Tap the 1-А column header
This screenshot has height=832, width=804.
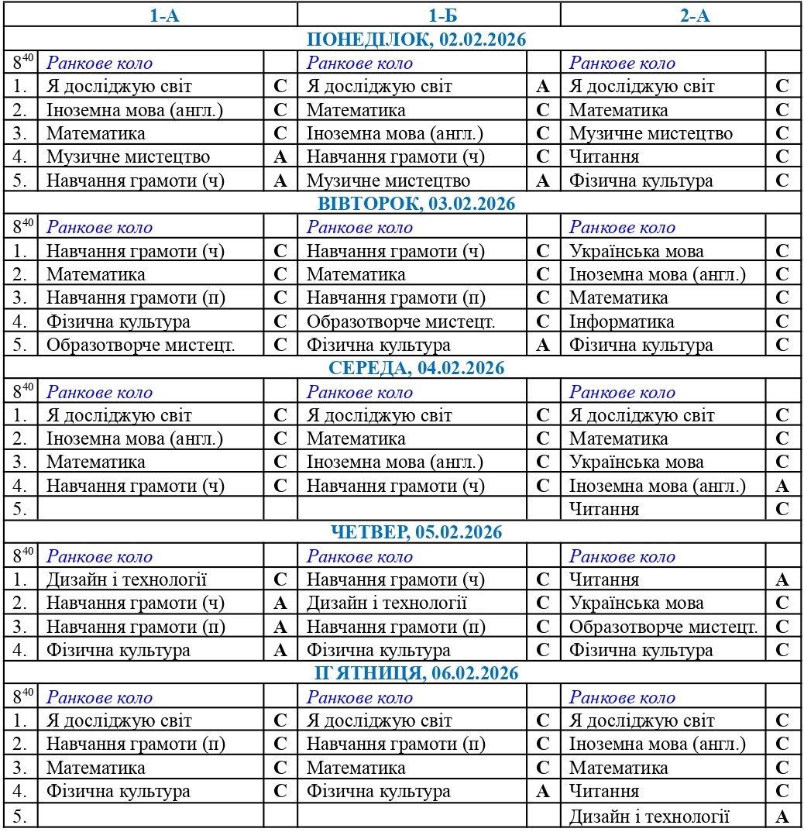pyautogui.click(x=164, y=15)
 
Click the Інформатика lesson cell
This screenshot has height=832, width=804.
pyautogui.click(x=621, y=321)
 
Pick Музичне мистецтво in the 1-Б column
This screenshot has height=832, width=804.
pyautogui.click(x=388, y=180)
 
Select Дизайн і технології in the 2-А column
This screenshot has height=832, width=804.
pyautogui.click(x=649, y=816)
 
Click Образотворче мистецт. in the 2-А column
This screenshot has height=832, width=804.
pyautogui.click(x=663, y=627)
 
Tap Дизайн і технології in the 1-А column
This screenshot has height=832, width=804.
pyautogui.click(x=127, y=579)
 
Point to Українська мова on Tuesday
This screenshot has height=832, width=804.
pyautogui.click(x=637, y=251)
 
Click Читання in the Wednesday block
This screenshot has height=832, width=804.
pyautogui.click(x=604, y=509)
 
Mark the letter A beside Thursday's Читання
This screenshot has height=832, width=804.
pyautogui.click(x=782, y=579)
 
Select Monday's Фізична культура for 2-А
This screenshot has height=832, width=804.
pyautogui.click(x=641, y=180)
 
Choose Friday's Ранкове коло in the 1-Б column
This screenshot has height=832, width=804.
pyautogui.click(x=359, y=697)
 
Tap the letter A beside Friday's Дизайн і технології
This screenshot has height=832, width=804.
pyautogui.click(x=782, y=816)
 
